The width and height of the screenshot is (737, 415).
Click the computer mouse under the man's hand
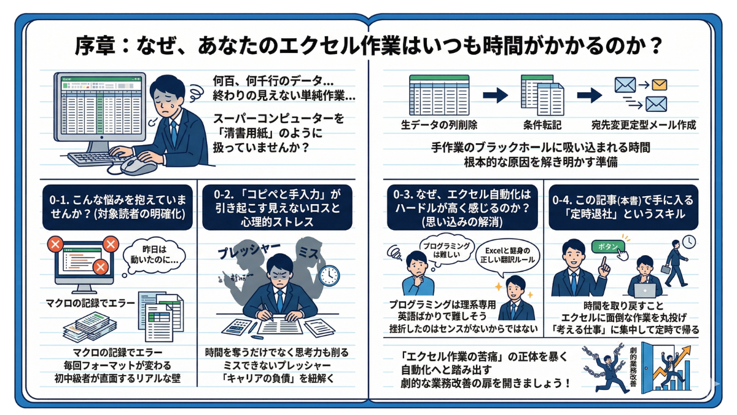click(136, 164)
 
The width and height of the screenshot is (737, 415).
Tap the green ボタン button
click(607, 246)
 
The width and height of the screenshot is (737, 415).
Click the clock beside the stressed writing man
click(329, 275)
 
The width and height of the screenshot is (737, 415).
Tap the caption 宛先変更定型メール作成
click(644, 125)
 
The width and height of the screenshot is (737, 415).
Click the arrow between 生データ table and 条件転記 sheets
click(495, 95)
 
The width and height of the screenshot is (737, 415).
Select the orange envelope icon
click(660, 85)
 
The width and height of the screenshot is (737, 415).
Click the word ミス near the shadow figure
click(307, 251)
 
